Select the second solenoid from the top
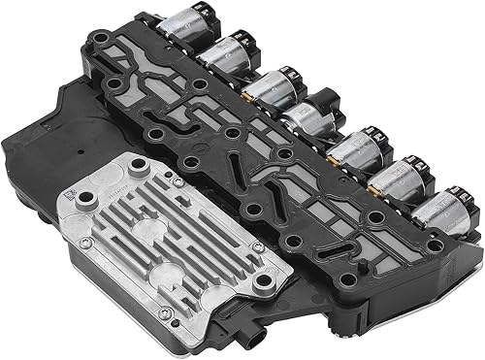click(222, 54)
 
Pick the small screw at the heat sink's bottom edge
click(166, 311)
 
